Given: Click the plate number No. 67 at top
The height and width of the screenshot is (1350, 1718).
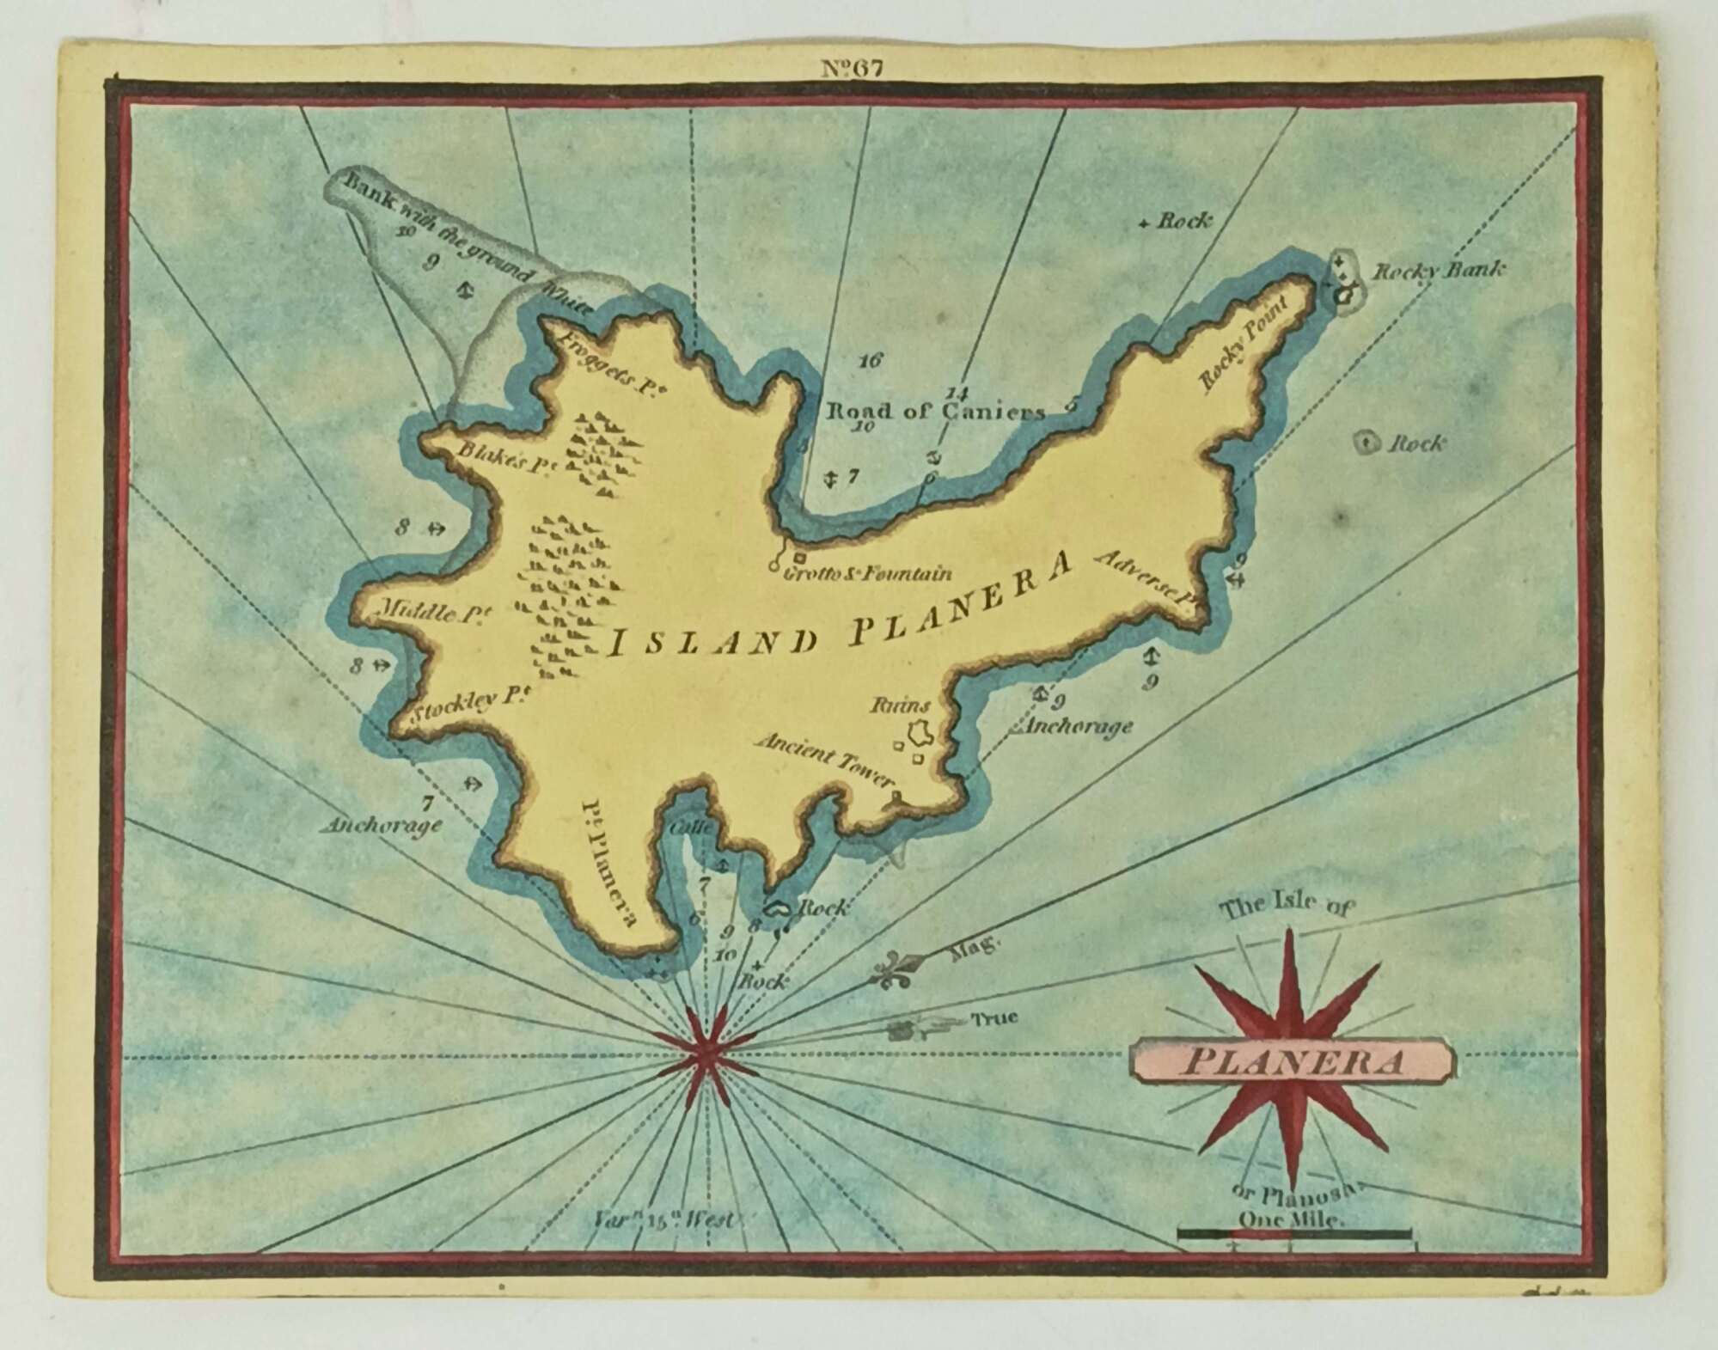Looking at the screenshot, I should [x=851, y=68].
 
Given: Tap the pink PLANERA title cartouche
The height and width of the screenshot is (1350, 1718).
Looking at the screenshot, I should [x=1292, y=1062].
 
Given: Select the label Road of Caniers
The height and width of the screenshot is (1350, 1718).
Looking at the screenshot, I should [x=935, y=411].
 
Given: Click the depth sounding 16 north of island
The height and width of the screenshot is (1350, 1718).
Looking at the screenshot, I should [x=870, y=360].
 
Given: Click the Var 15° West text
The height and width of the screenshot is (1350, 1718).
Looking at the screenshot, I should [x=665, y=1219].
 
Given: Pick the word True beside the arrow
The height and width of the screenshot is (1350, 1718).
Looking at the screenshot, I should [x=994, y=1018].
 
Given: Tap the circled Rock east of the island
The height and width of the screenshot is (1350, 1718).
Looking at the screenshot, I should [x=1363, y=443].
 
